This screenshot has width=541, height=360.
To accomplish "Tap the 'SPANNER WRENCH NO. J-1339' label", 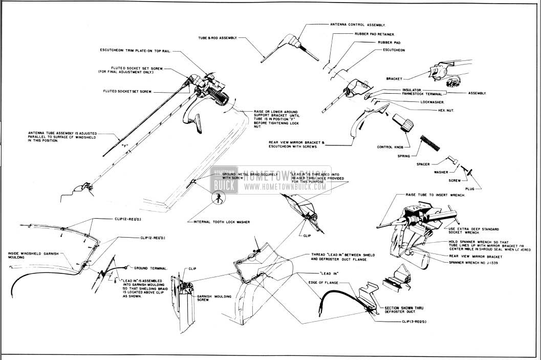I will coord(459,262).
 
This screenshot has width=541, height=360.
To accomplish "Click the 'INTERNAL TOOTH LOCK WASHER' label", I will coord(221,222).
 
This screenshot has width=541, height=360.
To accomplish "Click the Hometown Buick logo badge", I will coord(223,183).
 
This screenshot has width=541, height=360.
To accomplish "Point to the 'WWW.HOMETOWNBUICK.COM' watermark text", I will coord(285,187).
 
